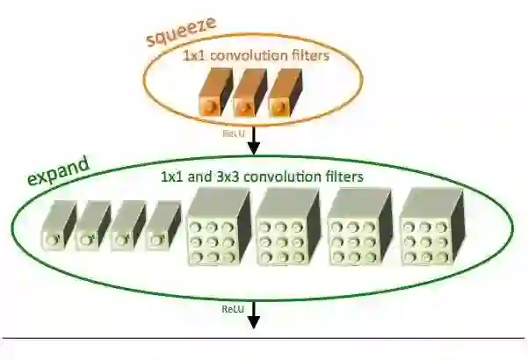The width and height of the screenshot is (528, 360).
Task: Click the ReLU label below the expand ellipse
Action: click(x=232, y=309)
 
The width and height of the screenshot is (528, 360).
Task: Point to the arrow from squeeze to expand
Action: click(x=254, y=138)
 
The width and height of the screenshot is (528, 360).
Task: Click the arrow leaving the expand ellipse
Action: click(x=254, y=313)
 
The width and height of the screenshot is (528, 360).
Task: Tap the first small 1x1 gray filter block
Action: click(x=59, y=227)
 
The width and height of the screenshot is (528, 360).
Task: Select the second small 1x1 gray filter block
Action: click(x=93, y=227)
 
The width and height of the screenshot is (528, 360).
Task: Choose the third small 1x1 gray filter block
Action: click(x=128, y=227)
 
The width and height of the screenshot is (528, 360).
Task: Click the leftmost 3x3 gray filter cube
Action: click(x=214, y=230)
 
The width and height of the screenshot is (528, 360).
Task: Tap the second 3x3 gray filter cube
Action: click(x=285, y=230)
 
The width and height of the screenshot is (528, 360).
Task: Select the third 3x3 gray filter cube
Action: click(x=356, y=230)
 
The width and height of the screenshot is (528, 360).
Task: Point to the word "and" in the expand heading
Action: click(x=199, y=176)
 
